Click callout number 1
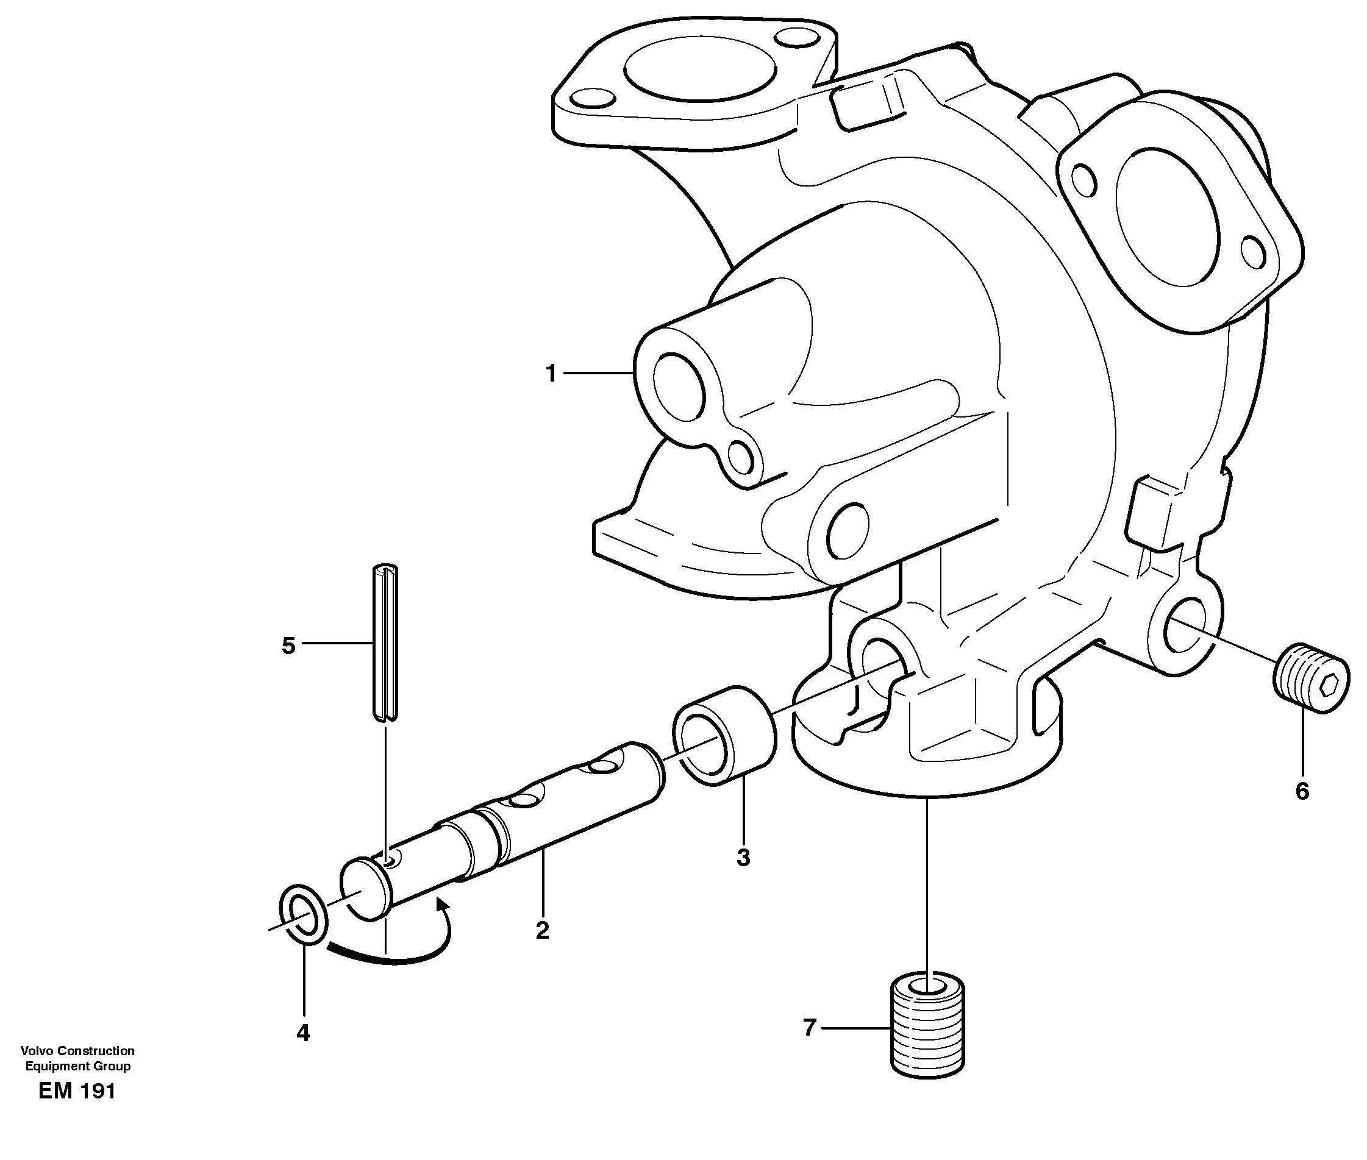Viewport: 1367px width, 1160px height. tap(551, 374)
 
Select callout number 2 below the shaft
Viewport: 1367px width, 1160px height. tap(542, 930)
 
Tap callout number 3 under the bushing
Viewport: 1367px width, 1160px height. tap(743, 857)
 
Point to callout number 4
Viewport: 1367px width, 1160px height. tap(302, 1033)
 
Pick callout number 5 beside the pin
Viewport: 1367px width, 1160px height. tap(288, 646)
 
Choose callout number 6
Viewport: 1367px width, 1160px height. tap(1302, 791)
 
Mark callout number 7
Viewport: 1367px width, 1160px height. tap(810, 1027)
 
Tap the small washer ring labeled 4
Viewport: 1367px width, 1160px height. tap(303, 915)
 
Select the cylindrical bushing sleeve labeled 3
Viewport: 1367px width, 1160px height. tap(724, 735)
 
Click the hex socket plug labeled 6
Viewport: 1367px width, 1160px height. tap(1311, 677)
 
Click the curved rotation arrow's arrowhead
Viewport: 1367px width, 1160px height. tap(443, 908)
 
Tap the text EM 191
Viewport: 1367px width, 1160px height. tap(77, 1091)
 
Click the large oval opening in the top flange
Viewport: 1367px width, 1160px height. tap(699, 71)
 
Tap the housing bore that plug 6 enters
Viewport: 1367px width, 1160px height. tap(1182, 630)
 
